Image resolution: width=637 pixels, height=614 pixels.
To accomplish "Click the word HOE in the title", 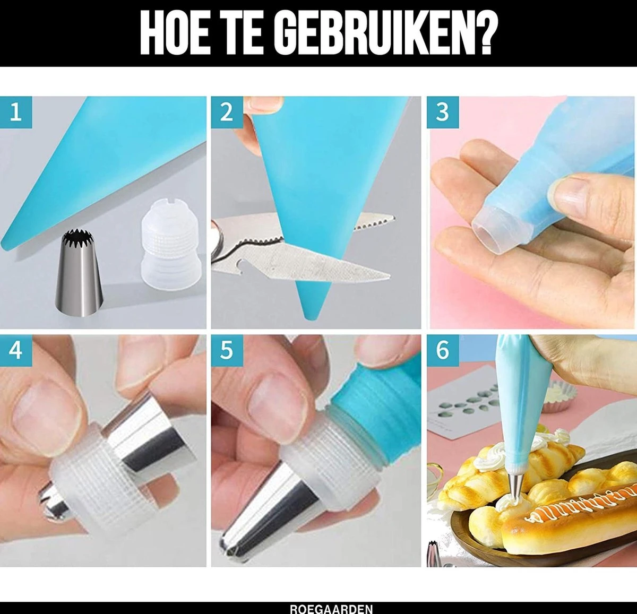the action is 175,34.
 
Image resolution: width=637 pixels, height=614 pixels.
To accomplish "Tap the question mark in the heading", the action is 483,34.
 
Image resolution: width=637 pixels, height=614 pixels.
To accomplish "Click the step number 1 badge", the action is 16,113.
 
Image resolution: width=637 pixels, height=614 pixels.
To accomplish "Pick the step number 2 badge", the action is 227,113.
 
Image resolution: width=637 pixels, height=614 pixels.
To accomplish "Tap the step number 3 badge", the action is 443,113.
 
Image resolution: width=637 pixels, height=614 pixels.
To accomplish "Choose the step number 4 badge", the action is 16,350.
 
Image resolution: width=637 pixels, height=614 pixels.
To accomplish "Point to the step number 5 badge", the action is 227,350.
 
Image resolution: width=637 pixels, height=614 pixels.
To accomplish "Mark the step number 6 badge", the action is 443,350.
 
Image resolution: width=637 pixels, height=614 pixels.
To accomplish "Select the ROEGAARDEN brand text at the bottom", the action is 331,609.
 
